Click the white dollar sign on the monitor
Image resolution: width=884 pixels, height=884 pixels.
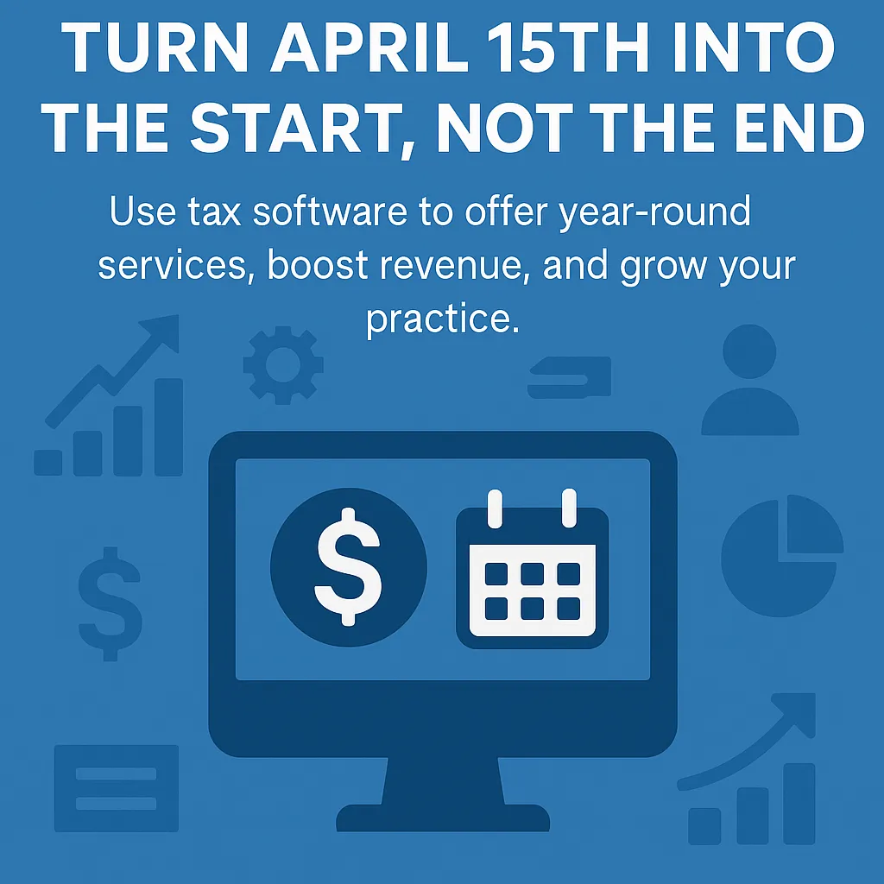point(348,565)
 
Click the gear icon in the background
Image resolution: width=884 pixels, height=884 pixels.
point(283,365)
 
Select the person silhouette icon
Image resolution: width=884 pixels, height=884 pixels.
point(749,382)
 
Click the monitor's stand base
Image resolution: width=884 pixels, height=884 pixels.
point(442,817)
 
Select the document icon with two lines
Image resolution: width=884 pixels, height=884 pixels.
point(116,788)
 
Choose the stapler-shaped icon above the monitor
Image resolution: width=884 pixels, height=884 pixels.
point(570,378)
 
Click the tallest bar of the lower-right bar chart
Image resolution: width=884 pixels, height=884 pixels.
point(799,802)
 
